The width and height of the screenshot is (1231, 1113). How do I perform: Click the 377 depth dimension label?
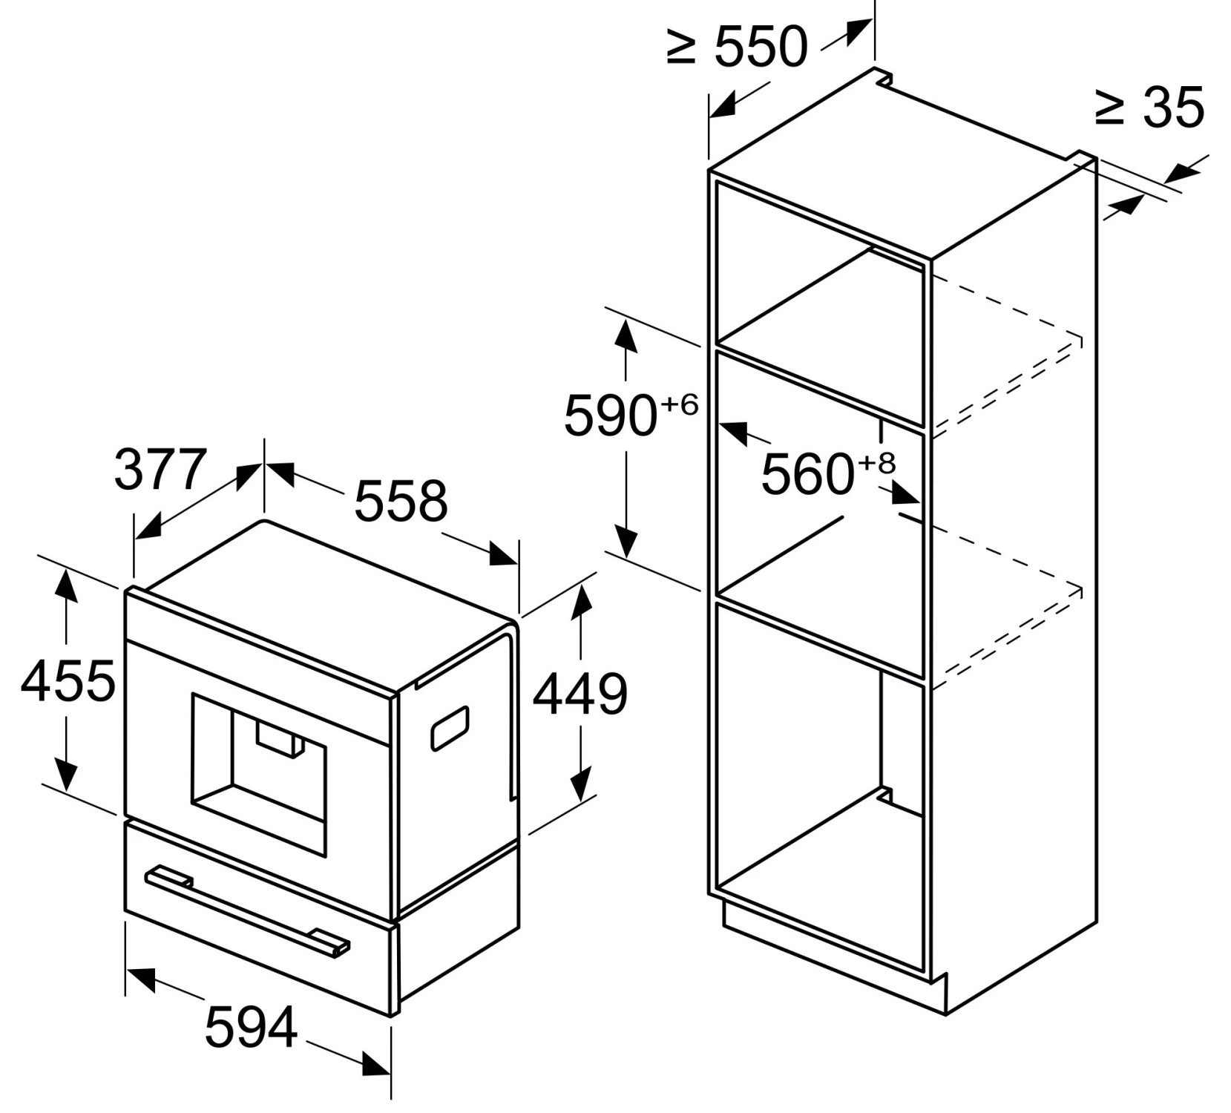[x=160, y=469]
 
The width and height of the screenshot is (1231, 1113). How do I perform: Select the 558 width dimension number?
[x=401, y=501]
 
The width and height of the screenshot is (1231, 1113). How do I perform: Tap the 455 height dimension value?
[x=68, y=680]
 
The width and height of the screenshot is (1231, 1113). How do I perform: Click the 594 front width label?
[x=251, y=1027]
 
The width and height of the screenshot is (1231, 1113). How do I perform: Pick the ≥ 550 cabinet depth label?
[x=737, y=47]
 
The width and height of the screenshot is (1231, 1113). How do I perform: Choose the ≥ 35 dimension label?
[x=1149, y=108]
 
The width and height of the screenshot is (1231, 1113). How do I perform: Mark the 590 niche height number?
[x=611, y=416]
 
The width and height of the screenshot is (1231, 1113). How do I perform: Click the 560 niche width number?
[x=808, y=474]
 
